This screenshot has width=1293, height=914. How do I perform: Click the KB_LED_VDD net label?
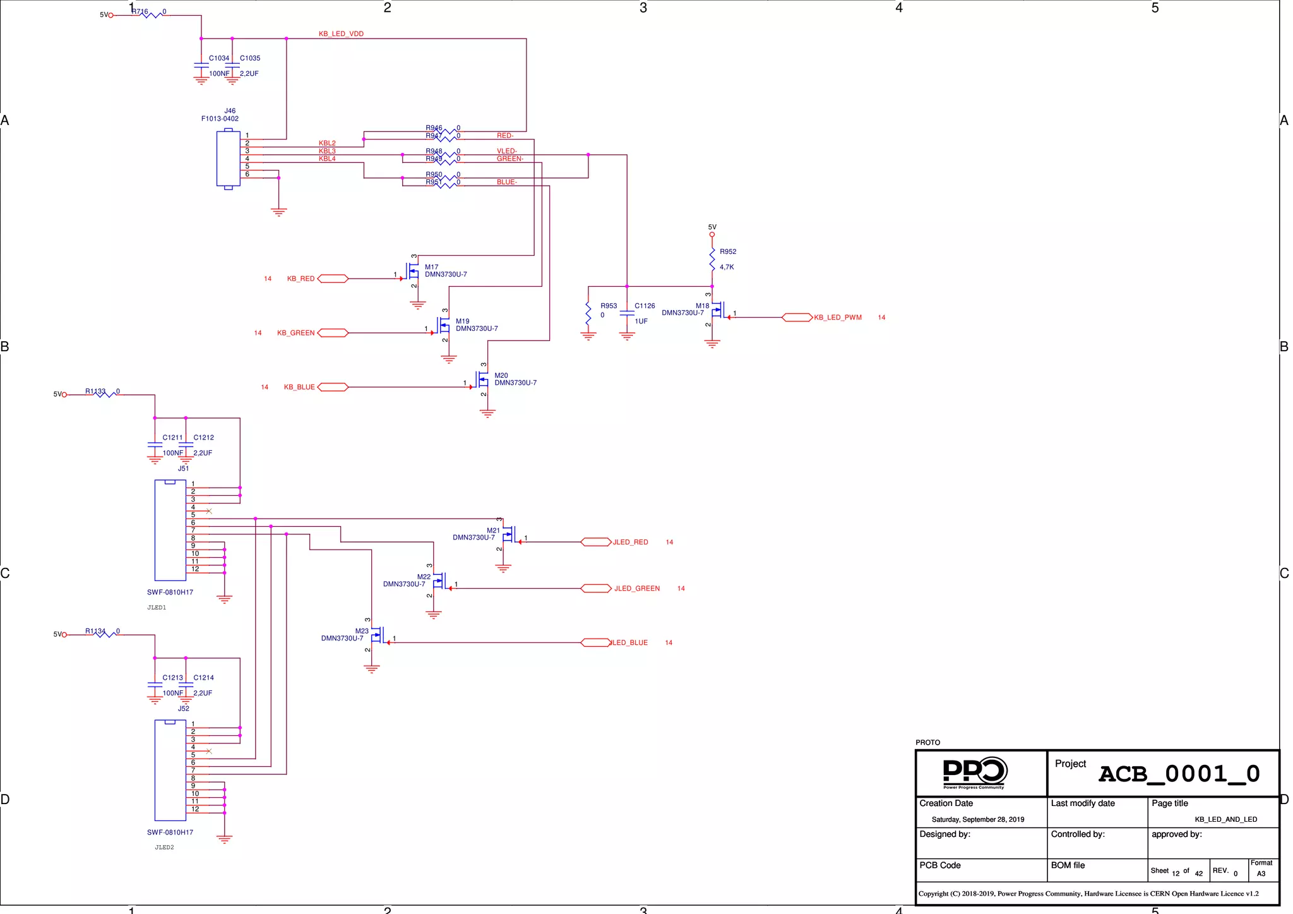click(341, 34)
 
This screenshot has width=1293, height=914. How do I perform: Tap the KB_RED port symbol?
click(333, 279)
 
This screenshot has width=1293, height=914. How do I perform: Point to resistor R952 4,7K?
click(712, 260)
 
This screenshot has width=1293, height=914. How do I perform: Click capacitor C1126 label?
click(645, 306)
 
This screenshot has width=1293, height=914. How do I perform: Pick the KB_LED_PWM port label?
click(837, 318)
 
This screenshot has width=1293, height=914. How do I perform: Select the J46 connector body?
click(228, 159)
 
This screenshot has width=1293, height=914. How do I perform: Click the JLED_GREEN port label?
click(636, 589)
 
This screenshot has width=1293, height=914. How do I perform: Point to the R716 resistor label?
click(140, 11)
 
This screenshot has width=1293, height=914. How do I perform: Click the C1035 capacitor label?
click(250, 58)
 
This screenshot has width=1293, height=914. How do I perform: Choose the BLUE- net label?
click(506, 182)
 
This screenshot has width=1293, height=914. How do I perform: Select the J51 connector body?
click(170, 530)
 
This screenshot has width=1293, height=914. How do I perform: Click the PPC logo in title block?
click(974, 773)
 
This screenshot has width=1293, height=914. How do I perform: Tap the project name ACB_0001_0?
click(1179, 774)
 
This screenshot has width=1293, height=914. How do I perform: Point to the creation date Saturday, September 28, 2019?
click(977, 820)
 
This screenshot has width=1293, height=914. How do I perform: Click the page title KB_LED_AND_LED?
click(1225, 820)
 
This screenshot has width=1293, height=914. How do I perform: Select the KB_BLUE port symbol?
click(333, 387)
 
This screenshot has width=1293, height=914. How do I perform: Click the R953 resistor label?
click(609, 306)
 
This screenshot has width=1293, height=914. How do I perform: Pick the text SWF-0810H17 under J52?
click(170, 833)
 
